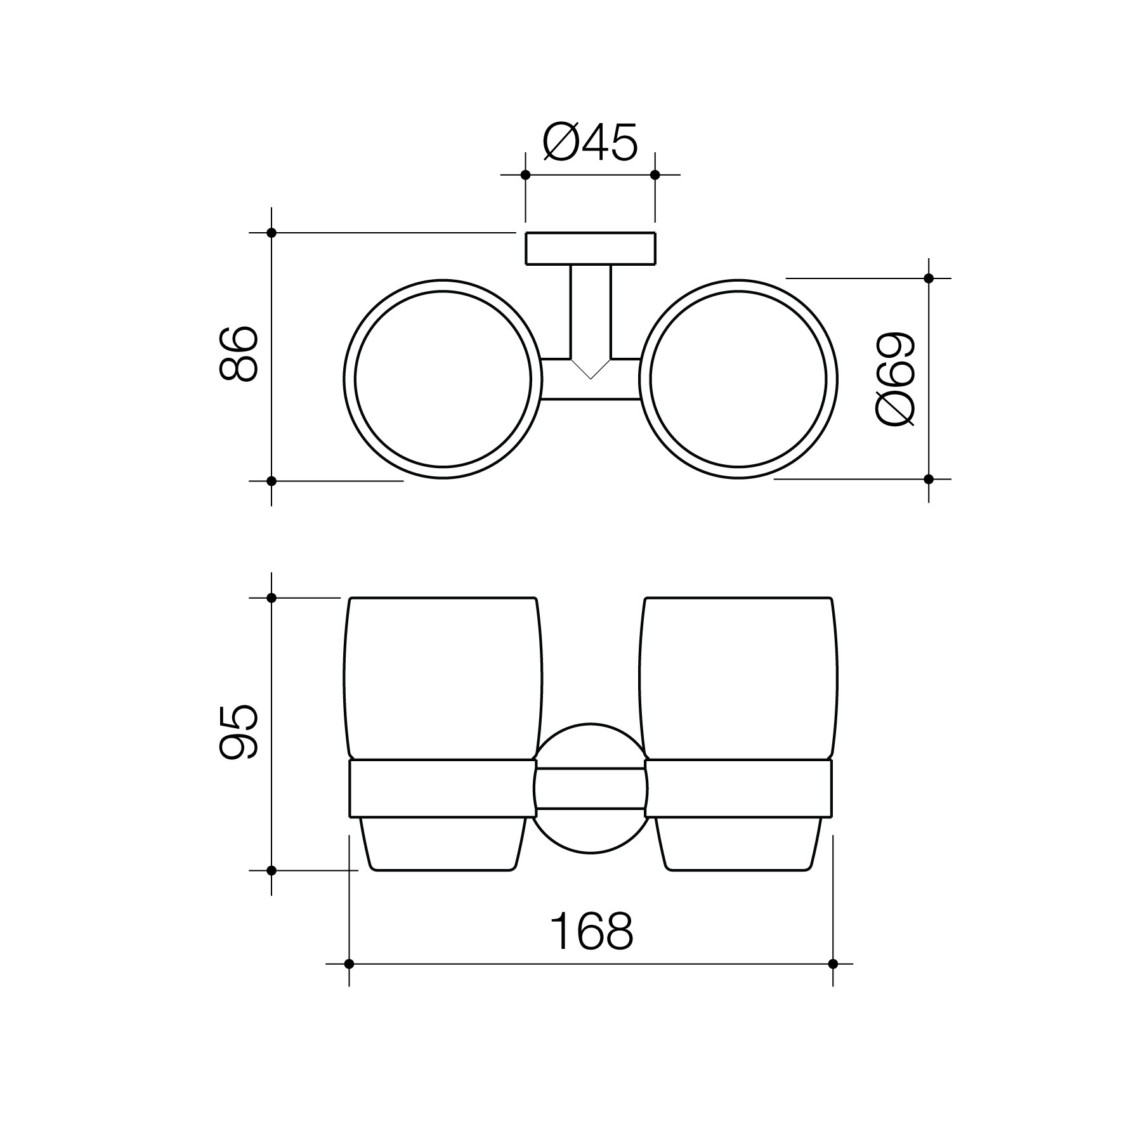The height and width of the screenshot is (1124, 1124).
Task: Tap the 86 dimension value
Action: pyautogui.click(x=238, y=354)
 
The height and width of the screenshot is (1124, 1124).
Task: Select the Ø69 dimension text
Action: pyautogui.click(x=895, y=379)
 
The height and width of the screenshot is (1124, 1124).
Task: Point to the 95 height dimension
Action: pyautogui.click(x=238, y=732)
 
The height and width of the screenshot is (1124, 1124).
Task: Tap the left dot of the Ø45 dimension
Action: pyautogui.click(x=525, y=174)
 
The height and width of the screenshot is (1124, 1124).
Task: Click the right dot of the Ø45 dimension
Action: pyautogui.click(x=655, y=174)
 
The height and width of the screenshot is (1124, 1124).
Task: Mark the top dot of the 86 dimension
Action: pyautogui.click(x=271, y=233)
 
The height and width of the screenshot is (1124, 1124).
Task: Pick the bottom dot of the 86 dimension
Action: pyautogui.click(x=271, y=481)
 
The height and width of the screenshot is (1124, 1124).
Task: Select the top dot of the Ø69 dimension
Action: pyautogui.click(x=929, y=278)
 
